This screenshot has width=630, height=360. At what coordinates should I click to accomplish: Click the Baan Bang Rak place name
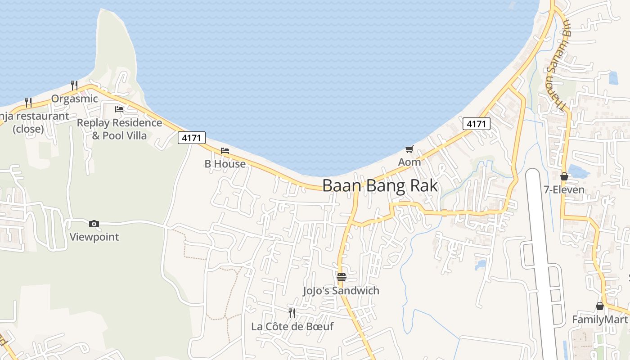[x=380, y=185]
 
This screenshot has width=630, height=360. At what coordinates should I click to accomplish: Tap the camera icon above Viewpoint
[x=94, y=224]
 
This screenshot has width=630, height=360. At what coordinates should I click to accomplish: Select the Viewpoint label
[x=94, y=237]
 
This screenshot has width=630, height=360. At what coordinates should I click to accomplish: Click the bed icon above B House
[x=225, y=150]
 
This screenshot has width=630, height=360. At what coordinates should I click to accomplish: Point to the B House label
[x=225, y=164]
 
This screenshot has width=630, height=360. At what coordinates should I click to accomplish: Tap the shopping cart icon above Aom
[x=409, y=149]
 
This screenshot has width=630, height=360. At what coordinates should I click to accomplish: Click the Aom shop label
[x=409, y=162]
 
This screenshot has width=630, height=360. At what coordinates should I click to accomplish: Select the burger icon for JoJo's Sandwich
[x=342, y=277]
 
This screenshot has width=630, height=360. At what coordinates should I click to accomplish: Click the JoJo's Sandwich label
[x=341, y=291]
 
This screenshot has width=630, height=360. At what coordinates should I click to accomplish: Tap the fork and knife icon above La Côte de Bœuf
[x=292, y=312]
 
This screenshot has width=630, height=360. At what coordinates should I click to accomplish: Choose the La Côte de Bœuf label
[x=292, y=326]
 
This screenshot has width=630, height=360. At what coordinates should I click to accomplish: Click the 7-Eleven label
[x=564, y=190]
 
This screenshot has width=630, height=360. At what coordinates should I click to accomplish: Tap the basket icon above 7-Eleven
[x=564, y=176]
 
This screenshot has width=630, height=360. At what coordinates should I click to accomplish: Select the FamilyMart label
[x=599, y=319]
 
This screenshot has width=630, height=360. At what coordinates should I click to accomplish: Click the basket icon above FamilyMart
[x=600, y=306]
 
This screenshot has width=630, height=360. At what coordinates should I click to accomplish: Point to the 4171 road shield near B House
[x=192, y=138]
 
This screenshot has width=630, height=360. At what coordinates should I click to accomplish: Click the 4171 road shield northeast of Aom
[x=476, y=124]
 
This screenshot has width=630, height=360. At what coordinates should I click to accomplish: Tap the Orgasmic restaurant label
[x=74, y=99]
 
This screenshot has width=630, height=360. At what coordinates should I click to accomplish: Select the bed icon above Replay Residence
[x=119, y=109]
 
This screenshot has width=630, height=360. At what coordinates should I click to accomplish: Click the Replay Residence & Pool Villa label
[x=119, y=129]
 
